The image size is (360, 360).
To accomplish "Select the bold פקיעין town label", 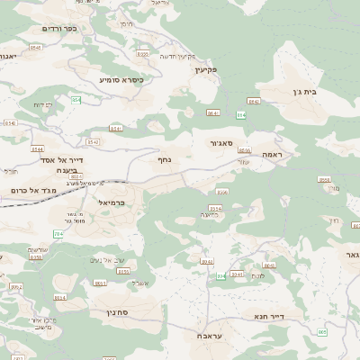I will point(206,69).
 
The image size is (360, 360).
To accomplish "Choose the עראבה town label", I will point(210,334).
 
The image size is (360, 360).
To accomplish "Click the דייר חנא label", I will point(269,316).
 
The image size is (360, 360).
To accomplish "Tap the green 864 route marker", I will point(241,113).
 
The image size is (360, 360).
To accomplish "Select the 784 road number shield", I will point(59,234).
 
